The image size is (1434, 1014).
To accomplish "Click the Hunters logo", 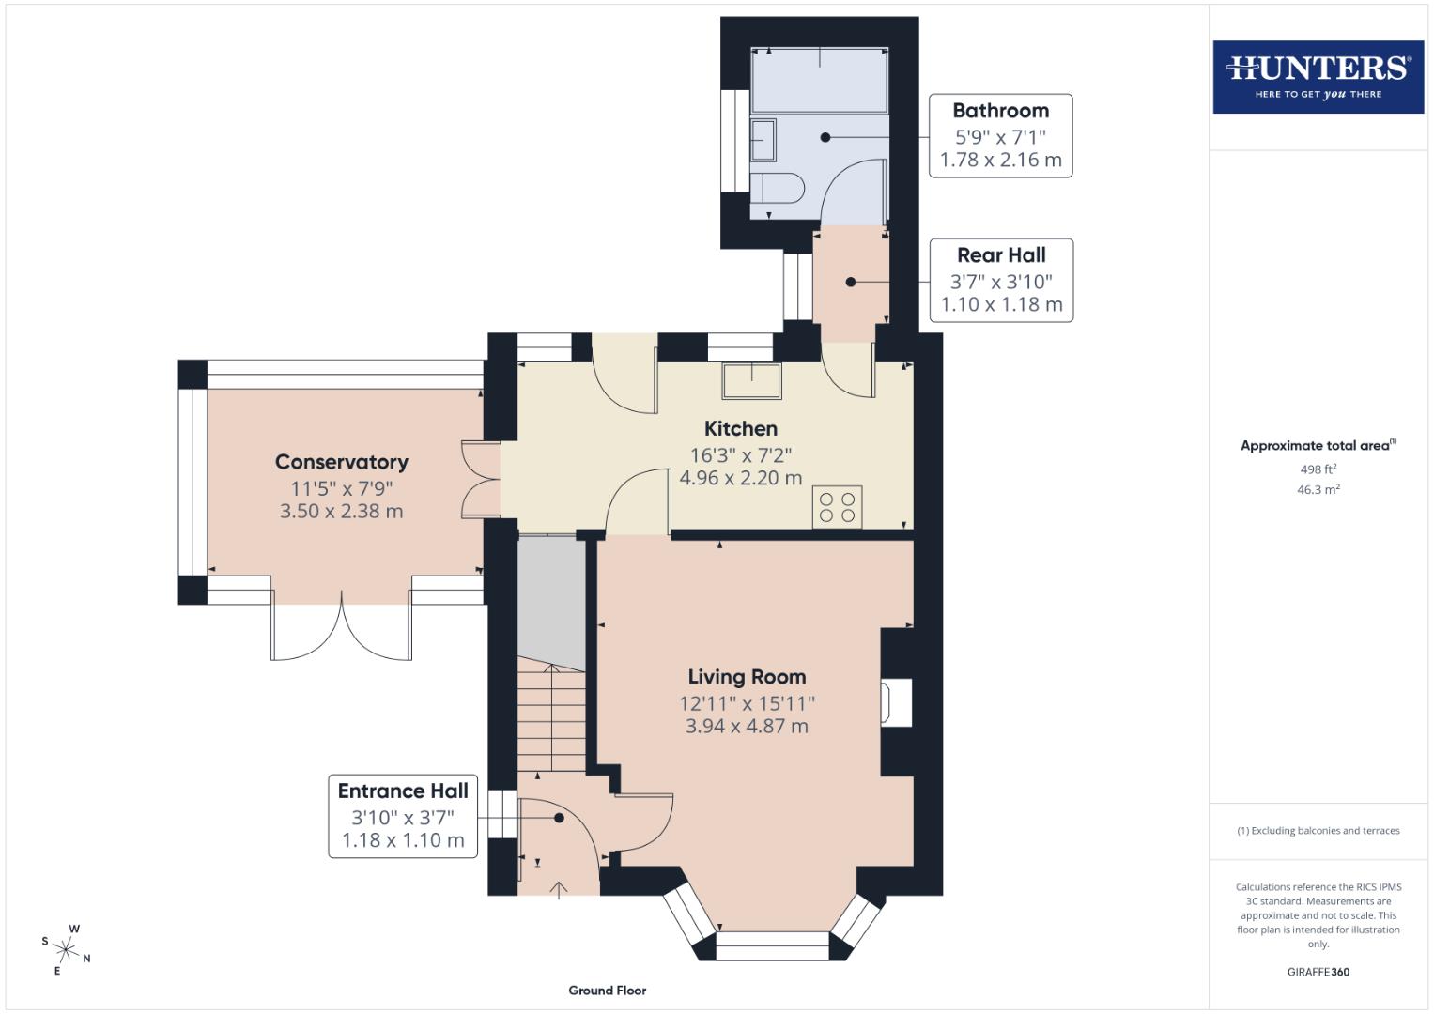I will click(1318, 76).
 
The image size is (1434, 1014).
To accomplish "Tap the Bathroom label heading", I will click(1000, 111).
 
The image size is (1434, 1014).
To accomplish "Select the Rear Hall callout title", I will click(1001, 255).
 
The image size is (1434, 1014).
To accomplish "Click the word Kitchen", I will click(741, 429).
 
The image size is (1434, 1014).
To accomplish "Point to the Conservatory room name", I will click(342, 462).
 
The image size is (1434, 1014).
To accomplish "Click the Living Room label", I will click(747, 677).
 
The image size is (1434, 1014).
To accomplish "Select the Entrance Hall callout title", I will click(403, 791).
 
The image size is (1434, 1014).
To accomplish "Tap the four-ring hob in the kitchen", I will click(837, 507).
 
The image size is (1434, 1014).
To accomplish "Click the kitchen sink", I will click(751, 381).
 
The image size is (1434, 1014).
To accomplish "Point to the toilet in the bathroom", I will click(776, 188).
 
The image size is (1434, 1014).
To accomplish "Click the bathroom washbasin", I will click(763, 139).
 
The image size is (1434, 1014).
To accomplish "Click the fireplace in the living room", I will click(895, 702).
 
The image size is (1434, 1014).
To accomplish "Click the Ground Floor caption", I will click(608, 991).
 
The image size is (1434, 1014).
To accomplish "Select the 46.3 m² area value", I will click(1318, 489).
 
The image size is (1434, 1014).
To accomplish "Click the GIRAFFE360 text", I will click(1318, 972).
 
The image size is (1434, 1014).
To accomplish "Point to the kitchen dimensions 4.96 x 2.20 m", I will click(741, 478).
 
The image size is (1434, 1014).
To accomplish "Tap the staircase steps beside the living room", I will click(551, 718).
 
